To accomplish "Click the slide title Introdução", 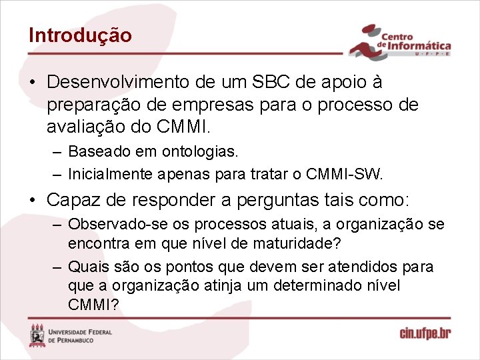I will coord(80,35).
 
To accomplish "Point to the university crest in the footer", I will coord(37,335).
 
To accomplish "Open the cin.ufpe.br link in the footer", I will coord(425,333).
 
